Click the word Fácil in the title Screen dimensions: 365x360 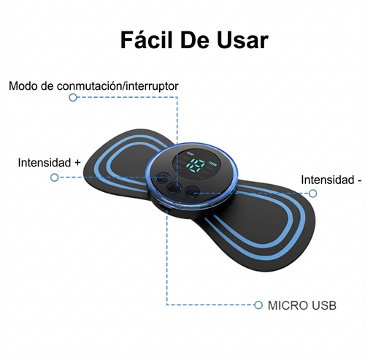(147, 40)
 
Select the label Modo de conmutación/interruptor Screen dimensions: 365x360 (93, 86)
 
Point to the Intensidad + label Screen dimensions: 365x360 (49, 162)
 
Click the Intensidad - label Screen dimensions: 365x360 (331, 180)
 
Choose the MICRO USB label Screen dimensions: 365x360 (302, 305)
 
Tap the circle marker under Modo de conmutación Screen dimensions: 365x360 (73, 97)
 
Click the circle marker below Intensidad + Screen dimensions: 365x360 (55, 177)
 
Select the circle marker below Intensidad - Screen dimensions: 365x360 (312, 194)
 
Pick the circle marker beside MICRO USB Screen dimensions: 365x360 (258, 305)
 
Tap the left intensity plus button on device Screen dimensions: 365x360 (162, 177)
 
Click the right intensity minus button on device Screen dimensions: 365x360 (191, 192)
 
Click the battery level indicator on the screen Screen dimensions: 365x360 (212, 163)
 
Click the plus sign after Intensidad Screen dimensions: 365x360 (77, 162)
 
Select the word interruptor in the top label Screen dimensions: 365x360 (152, 86)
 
